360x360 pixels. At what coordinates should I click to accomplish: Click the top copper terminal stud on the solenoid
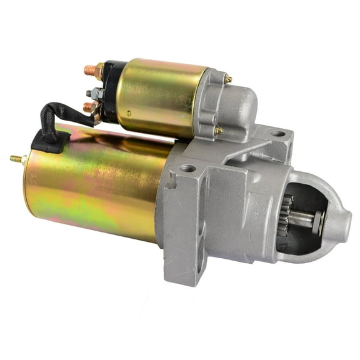pyautogui.click(x=89, y=69)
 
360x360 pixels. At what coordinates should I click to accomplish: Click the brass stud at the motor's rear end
pyautogui.click(x=16, y=159)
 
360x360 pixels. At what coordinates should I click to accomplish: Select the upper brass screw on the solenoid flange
pyautogui.click(x=229, y=79)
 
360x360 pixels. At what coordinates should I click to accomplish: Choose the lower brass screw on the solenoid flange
pyautogui.click(x=219, y=131)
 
